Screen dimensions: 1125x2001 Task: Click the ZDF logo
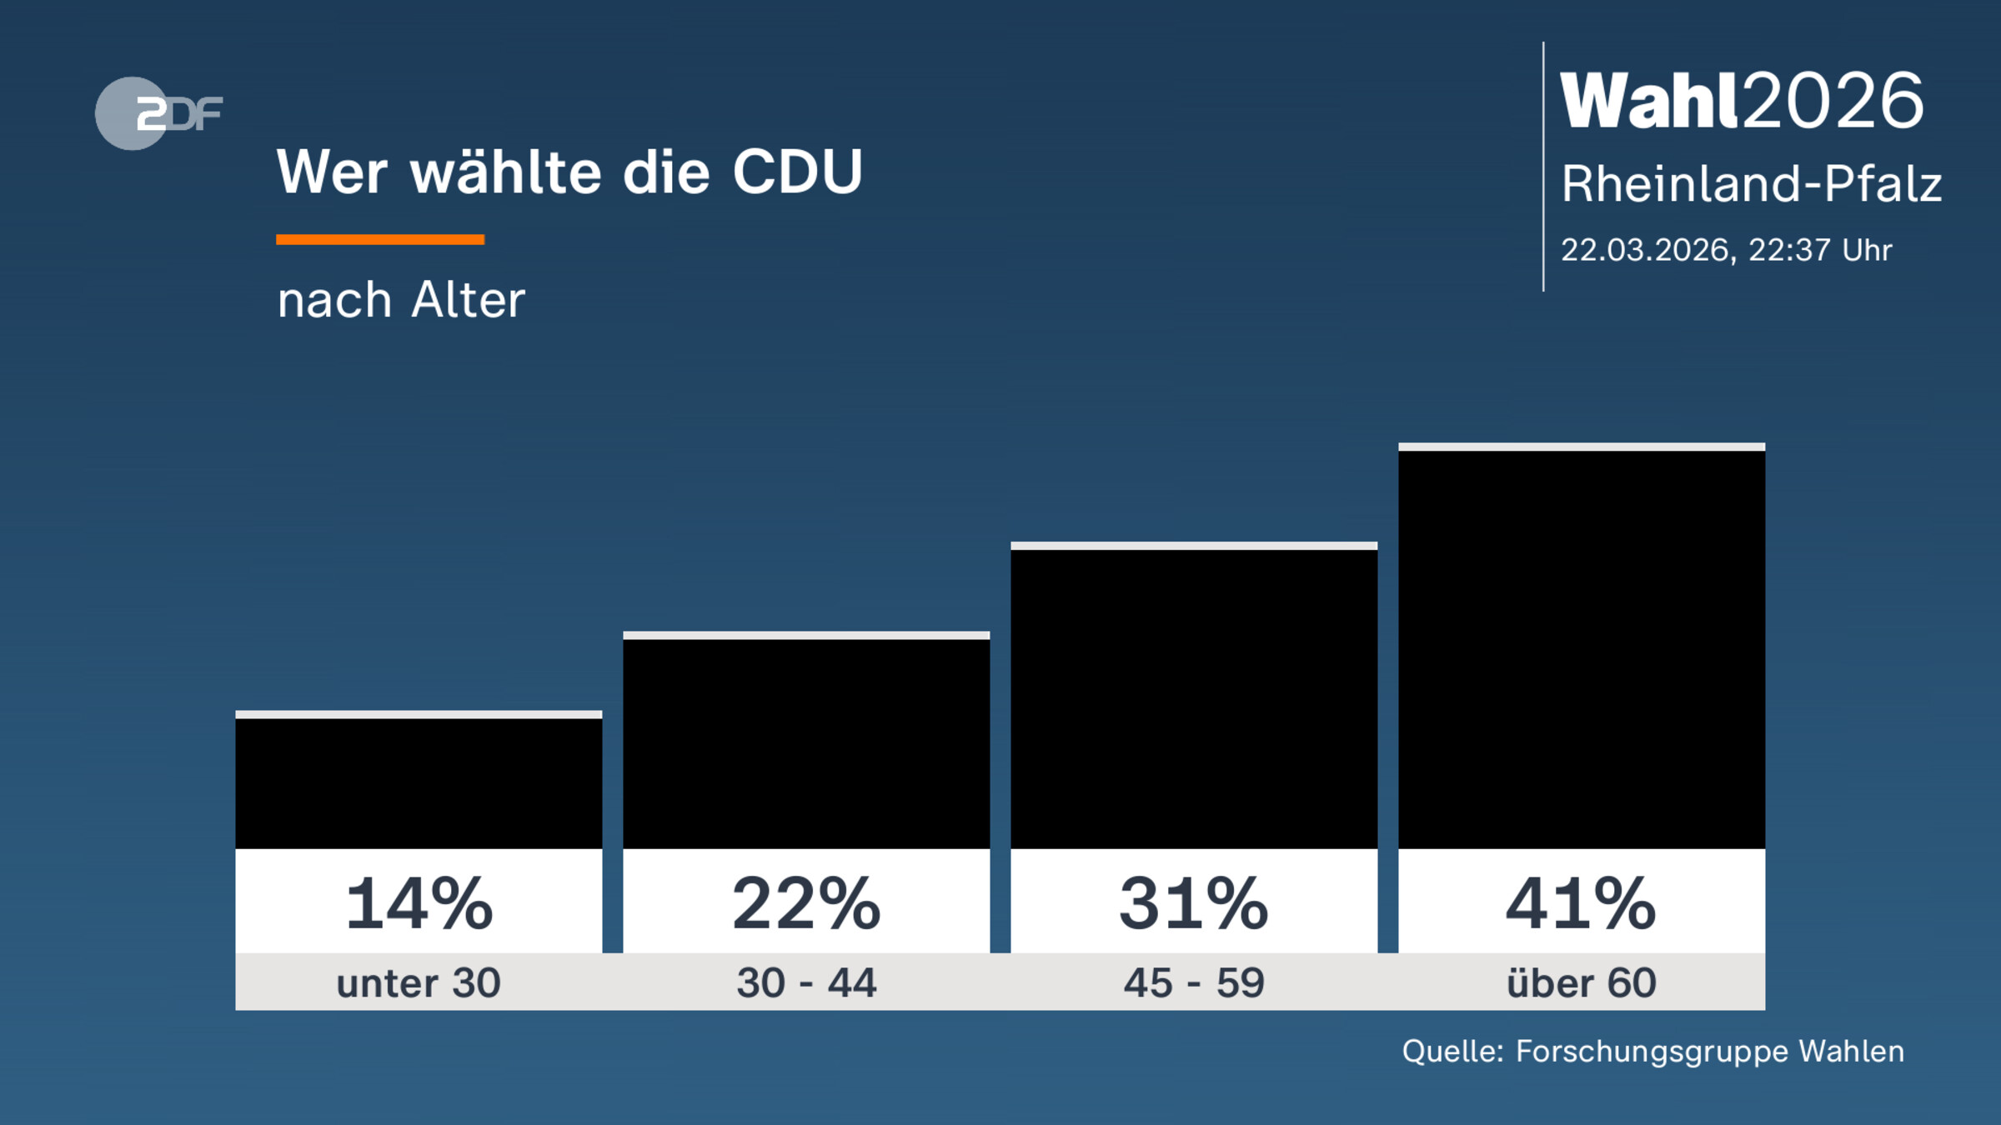click(x=158, y=113)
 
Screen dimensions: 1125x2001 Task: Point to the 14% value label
click(x=419, y=903)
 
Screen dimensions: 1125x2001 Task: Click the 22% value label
click(x=806, y=903)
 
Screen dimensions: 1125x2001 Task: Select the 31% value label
click(x=1194, y=903)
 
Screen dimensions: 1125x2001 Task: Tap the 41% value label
click(x=1582, y=903)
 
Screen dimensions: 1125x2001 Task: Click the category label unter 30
click(x=419, y=982)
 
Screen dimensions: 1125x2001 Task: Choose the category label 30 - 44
click(x=806, y=982)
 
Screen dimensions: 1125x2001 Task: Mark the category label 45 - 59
click(x=1194, y=982)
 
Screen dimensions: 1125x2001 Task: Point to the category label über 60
click(x=1582, y=982)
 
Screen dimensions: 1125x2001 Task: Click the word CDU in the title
click(x=797, y=172)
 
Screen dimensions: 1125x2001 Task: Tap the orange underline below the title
click(x=380, y=240)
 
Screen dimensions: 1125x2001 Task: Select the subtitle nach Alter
click(x=401, y=300)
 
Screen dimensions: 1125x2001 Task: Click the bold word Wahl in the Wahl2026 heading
click(x=1649, y=101)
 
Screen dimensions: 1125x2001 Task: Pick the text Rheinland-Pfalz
click(x=1751, y=183)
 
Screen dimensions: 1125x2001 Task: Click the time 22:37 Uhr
click(x=1820, y=250)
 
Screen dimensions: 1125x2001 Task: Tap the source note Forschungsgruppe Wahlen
click(x=1709, y=1051)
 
